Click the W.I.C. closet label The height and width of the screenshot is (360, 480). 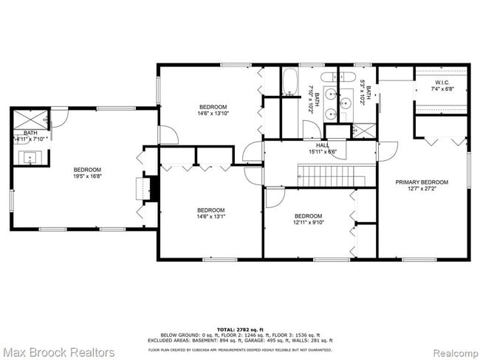coord(442,82)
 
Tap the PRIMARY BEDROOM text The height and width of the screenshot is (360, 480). coord(422,181)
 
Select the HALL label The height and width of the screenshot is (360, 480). coord(323,145)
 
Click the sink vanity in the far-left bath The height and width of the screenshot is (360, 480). coord(30,156)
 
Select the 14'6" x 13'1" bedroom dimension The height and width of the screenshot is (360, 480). coord(211,217)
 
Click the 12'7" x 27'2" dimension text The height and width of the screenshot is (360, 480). coord(422,189)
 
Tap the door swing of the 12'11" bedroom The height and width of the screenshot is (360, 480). coord(275,197)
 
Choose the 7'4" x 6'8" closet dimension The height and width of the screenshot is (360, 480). coord(442,89)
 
